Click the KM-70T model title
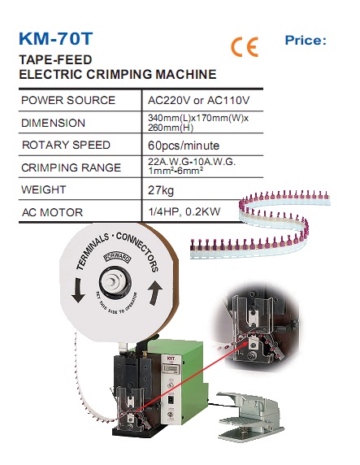point(56,38)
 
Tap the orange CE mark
point(245,47)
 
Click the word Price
point(306,41)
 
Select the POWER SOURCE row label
point(68,100)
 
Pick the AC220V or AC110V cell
point(198,100)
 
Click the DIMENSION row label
point(53,123)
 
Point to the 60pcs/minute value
point(184,146)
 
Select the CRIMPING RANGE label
point(72,167)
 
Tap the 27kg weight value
point(161,190)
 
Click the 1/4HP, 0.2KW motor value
point(184,211)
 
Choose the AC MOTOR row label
point(52,212)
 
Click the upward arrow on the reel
point(155,293)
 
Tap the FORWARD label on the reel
point(117,257)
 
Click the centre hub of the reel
point(115,282)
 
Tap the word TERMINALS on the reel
point(93,251)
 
